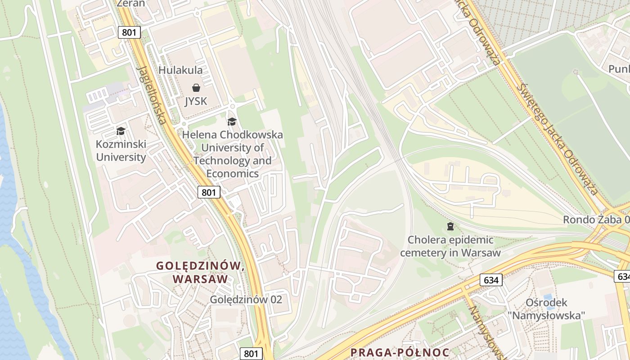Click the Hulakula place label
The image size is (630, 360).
point(180,70)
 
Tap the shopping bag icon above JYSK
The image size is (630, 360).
point(196,87)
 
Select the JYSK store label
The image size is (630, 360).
point(196,101)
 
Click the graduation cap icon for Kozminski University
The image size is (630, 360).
point(121,131)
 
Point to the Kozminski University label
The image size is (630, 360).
point(121,151)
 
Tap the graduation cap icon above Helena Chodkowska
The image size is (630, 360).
point(232,121)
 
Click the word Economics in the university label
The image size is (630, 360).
point(232,174)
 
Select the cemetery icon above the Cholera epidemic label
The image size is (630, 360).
point(450,225)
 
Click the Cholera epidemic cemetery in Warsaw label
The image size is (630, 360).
point(450,246)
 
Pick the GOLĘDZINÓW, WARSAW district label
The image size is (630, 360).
point(200,272)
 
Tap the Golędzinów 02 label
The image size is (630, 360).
point(246,299)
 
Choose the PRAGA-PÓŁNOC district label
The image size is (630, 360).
point(400,352)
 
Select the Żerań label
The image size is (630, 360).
point(130,4)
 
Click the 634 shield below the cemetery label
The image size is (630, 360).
point(491,280)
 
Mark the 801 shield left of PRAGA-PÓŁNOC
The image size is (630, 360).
point(251,353)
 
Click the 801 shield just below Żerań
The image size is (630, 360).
point(130,32)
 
